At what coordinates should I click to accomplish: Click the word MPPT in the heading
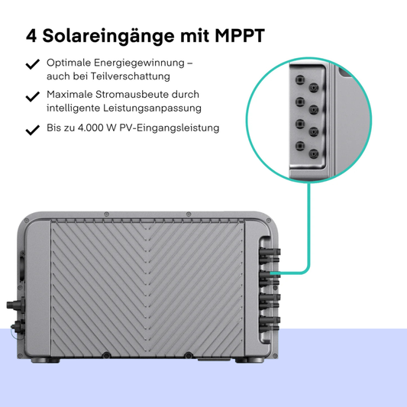pos(240,36)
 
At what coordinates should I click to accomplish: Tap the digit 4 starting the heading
pos(31,36)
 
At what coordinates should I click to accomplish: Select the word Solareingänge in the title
pos(108,37)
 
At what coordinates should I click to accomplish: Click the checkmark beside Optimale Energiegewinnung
pos(33,64)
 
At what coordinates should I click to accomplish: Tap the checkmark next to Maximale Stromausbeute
pos(33,96)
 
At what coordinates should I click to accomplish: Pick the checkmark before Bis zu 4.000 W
pos(33,130)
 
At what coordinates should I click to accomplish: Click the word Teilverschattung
pos(130,76)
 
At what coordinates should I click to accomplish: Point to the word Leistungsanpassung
pos(152,108)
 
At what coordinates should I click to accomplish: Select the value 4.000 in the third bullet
pos(90,128)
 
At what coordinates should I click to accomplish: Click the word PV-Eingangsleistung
pos(170,128)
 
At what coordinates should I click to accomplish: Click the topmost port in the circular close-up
pos(300,79)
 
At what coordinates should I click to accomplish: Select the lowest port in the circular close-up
pos(314,154)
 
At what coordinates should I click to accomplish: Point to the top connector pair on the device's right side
pos(270,256)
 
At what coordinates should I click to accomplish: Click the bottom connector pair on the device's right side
pos(270,324)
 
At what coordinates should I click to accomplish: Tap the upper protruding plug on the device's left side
pos(15,304)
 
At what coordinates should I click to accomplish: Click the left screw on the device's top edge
pos(106,214)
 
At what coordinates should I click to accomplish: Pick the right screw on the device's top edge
pos(189,214)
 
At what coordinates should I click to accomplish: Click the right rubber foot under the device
pos(250,360)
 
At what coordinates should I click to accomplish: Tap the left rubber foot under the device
pos(45,360)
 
